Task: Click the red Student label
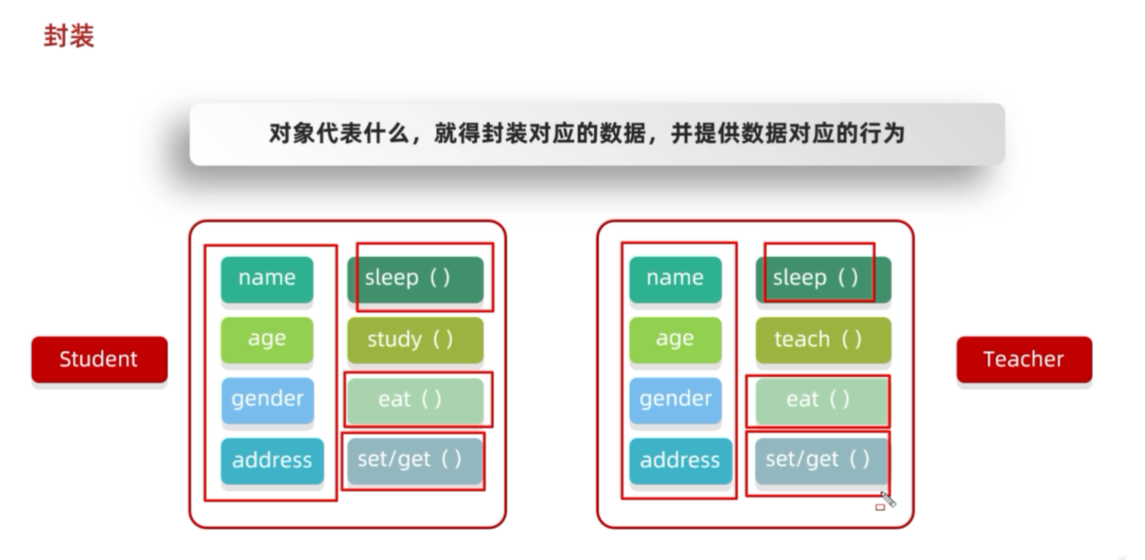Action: coord(99,359)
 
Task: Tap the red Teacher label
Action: coord(1024,359)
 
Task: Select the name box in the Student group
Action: coord(267,278)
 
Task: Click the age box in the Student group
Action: coord(267,339)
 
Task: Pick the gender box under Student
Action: coord(267,400)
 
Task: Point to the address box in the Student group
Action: coord(272,461)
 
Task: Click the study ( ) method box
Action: coord(415,339)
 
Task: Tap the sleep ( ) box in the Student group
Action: coord(415,278)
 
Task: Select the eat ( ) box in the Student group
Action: coord(415,400)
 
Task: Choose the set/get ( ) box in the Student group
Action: coord(415,460)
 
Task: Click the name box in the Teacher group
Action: coord(675,278)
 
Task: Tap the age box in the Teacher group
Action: coord(675,339)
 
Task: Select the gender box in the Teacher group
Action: coord(675,400)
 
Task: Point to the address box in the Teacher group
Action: coord(680,461)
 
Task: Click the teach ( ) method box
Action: coord(823,339)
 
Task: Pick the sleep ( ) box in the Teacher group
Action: coord(823,278)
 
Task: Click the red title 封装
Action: coord(69,36)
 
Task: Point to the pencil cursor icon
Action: coord(888,499)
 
